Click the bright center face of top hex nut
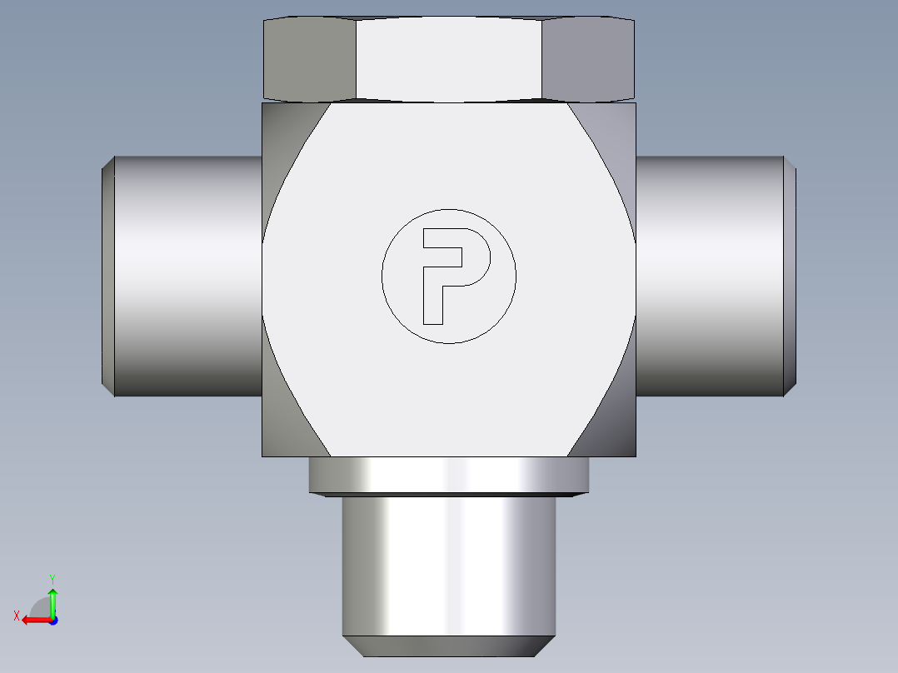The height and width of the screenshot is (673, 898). click(449, 59)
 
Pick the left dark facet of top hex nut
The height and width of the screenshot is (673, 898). click(310, 60)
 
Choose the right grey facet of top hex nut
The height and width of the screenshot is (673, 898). click(588, 60)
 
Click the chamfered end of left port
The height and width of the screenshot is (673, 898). click(108, 276)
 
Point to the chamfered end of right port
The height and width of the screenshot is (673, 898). click(790, 276)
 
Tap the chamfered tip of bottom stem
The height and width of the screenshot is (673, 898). click(449, 646)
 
